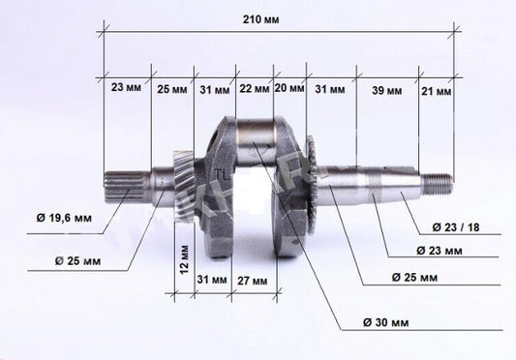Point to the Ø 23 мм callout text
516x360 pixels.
(439, 252)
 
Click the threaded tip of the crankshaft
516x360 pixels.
(437, 180)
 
